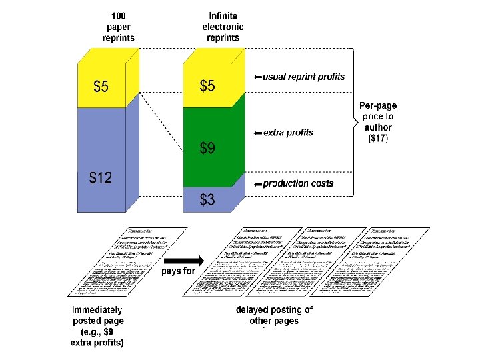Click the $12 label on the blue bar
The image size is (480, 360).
coord(101,178)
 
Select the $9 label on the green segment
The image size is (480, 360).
coord(207,148)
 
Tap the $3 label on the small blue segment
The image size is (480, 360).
coord(207,199)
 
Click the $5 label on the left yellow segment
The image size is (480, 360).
coord(102,86)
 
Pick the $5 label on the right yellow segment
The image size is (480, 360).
coord(208,86)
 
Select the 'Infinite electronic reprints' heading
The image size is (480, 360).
coord(223,27)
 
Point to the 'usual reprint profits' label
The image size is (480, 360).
coord(304,77)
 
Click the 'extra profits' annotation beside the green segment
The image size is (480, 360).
coord(288,133)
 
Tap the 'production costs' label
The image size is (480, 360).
coord(298,183)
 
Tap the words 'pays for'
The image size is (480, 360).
coord(179,271)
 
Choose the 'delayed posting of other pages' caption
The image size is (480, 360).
coord(274,315)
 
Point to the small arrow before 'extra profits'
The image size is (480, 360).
coord(258,133)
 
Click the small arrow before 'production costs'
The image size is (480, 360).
coord(257,183)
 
